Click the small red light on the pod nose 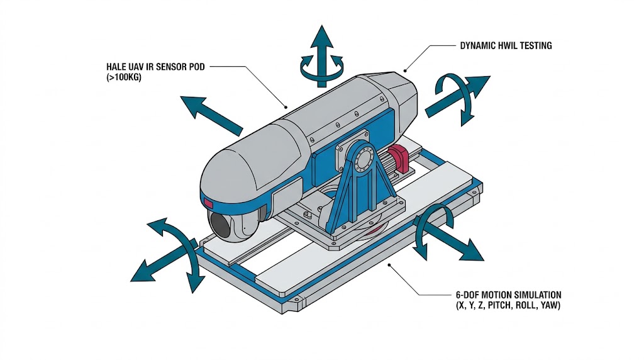(208, 203)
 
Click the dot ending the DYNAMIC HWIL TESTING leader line (406, 70)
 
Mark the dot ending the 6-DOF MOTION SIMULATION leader (391, 266)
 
